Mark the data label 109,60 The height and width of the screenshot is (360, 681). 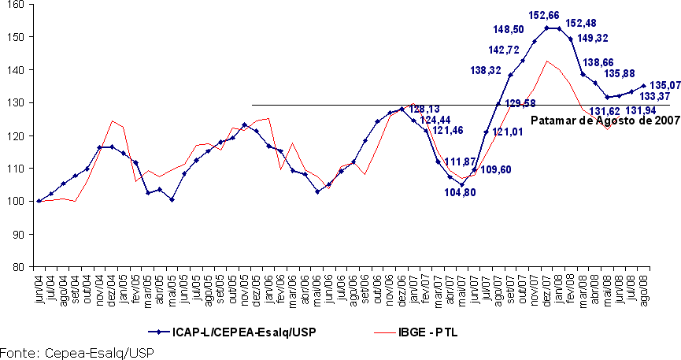pos(497,169)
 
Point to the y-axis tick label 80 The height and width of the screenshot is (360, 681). pos(17,267)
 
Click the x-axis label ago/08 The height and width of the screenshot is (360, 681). pos(644,284)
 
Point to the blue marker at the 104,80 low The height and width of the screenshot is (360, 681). pos(462,185)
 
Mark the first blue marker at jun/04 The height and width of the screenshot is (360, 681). pos(39,201)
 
